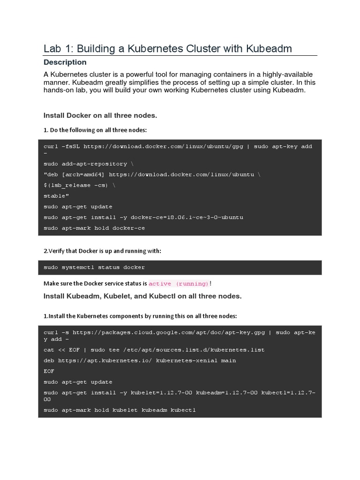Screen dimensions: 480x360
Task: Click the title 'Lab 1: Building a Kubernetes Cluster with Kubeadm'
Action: point(168,48)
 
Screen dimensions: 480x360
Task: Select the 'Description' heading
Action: point(65,62)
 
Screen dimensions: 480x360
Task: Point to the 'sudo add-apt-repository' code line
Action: point(85,164)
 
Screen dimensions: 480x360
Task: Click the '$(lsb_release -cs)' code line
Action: point(79,185)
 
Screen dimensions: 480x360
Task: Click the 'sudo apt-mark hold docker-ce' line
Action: point(94,228)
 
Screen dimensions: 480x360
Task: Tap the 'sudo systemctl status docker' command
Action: point(94,267)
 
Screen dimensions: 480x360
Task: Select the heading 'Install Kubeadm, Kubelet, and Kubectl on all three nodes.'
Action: point(142,296)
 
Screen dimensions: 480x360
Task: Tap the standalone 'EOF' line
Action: point(49,371)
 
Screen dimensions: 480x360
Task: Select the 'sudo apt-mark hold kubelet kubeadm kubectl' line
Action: point(120,410)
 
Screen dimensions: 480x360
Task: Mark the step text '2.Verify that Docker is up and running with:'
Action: point(102,251)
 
